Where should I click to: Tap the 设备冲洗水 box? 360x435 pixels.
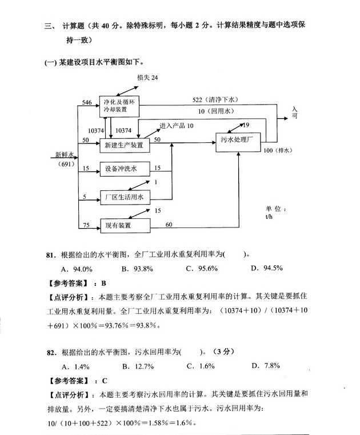(x=123, y=169)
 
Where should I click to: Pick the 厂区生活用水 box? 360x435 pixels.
(x=123, y=197)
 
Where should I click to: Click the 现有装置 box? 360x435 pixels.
(x=118, y=225)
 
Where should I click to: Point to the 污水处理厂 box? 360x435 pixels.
(x=237, y=139)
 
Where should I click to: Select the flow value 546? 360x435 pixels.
(x=86, y=102)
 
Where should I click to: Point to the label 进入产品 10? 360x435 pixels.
(x=177, y=126)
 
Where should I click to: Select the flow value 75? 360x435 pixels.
(x=86, y=225)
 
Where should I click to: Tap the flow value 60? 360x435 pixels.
(x=169, y=225)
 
